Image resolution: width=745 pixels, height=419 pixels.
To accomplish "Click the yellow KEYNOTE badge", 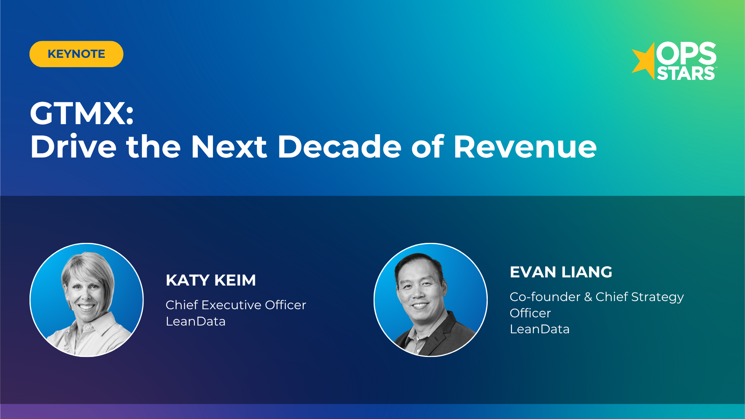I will (76, 54).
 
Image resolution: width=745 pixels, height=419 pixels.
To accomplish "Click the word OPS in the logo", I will (686, 54).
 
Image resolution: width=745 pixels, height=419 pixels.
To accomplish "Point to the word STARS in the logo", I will (686, 73).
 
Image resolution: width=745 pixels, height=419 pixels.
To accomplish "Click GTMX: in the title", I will (82, 113).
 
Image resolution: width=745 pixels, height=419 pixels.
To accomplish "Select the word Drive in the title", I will (73, 147).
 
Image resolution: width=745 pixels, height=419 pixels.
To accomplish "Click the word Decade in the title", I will (340, 147).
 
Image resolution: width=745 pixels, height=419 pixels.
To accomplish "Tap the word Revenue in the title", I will (525, 147).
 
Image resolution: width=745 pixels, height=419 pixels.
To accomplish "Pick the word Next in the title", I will (229, 147).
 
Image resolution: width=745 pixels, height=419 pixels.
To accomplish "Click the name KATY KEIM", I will (211, 280).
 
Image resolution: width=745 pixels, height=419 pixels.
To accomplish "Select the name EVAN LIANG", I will (561, 272).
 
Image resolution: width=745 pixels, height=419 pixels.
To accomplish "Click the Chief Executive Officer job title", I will (236, 305).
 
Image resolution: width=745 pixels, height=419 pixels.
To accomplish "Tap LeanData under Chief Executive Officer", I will (195, 321).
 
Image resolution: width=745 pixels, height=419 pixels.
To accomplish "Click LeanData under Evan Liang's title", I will (539, 329).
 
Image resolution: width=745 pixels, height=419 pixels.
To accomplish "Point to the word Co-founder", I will (545, 297).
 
